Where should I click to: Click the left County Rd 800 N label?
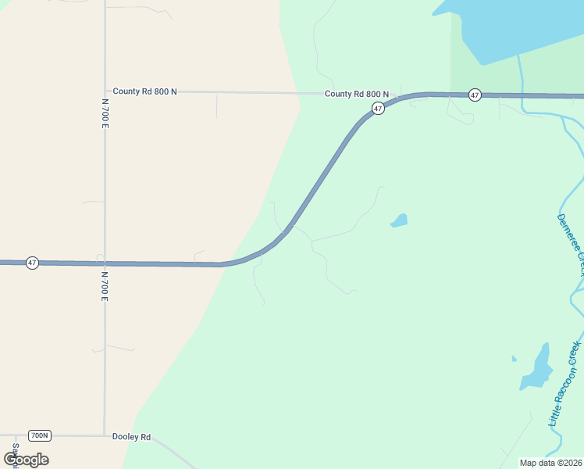coord(144,91)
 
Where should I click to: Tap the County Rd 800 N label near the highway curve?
coord(357,94)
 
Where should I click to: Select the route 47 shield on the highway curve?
coord(378,109)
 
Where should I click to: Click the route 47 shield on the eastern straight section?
coord(475,95)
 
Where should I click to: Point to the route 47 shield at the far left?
coord(32,263)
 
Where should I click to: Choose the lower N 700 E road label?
coord(105,287)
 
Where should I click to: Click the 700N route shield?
coord(39,435)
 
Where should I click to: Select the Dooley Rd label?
coord(131,437)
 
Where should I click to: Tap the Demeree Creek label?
coord(571,243)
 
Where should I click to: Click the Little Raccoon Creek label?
coord(565,383)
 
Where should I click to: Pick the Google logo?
coord(26,459)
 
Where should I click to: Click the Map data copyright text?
coord(550,463)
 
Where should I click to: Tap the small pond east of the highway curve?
coord(399,220)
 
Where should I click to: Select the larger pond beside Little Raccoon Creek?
coord(537,368)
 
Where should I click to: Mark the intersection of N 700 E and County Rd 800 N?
coord(105,91)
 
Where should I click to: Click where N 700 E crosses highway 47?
coord(105,263)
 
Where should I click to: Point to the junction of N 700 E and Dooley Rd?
coord(105,435)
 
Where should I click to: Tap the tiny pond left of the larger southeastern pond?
coord(514,359)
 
